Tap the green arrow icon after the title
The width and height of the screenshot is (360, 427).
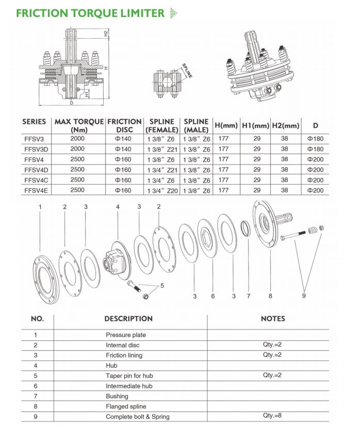[173, 13]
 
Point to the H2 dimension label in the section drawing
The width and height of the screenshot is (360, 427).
[105, 34]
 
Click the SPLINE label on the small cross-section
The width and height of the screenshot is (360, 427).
[186, 71]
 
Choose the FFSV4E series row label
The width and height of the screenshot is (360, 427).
[35, 190]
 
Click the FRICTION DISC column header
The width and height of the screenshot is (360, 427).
[124, 126]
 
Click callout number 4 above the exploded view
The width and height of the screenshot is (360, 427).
[118, 207]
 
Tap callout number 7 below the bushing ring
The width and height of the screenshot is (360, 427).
[248, 296]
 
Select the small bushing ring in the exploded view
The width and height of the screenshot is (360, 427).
[247, 228]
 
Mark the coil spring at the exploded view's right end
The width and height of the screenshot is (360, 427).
[312, 231]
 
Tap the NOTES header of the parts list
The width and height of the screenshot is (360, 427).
[273, 319]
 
